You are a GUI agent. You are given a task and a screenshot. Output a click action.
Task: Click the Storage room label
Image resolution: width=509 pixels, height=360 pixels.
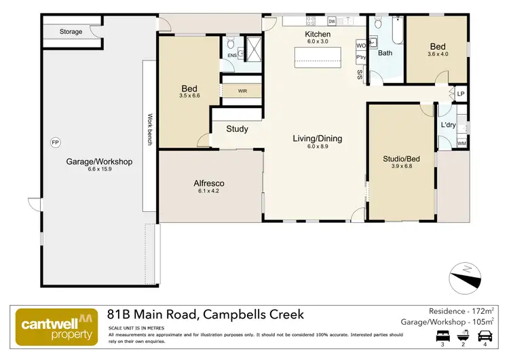[71, 32]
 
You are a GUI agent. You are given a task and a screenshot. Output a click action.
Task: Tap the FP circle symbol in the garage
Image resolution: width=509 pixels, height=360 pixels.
[55, 142]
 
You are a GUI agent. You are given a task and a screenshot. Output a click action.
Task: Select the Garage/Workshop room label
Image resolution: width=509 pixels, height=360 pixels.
[99, 162]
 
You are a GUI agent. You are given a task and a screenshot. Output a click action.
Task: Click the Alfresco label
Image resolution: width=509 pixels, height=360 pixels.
[210, 183]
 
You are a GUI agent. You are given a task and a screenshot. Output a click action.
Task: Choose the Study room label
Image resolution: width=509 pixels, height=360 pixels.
[237, 129]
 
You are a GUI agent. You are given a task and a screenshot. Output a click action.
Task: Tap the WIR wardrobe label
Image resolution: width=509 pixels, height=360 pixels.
[242, 90]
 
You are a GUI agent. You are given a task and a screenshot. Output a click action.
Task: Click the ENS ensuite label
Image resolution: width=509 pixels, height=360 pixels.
[231, 56]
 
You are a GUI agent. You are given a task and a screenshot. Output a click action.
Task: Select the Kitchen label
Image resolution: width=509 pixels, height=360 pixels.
[318, 34]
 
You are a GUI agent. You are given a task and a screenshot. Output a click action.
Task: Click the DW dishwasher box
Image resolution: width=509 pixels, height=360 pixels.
[332, 21]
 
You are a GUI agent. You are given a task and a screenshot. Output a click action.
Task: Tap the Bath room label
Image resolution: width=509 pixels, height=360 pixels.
[385, 53]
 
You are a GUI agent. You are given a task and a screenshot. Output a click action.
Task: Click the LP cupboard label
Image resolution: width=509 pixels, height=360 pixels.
[461, 94]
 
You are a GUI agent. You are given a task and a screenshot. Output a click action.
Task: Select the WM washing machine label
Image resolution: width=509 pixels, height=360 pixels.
[461, 143]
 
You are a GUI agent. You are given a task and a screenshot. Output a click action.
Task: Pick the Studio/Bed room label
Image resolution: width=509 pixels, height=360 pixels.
[402, 160]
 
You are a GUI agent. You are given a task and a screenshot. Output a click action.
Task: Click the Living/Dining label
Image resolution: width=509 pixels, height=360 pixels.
[318, 139]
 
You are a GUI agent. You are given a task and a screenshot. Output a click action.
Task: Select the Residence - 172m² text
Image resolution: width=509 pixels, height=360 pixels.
[462, 311]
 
